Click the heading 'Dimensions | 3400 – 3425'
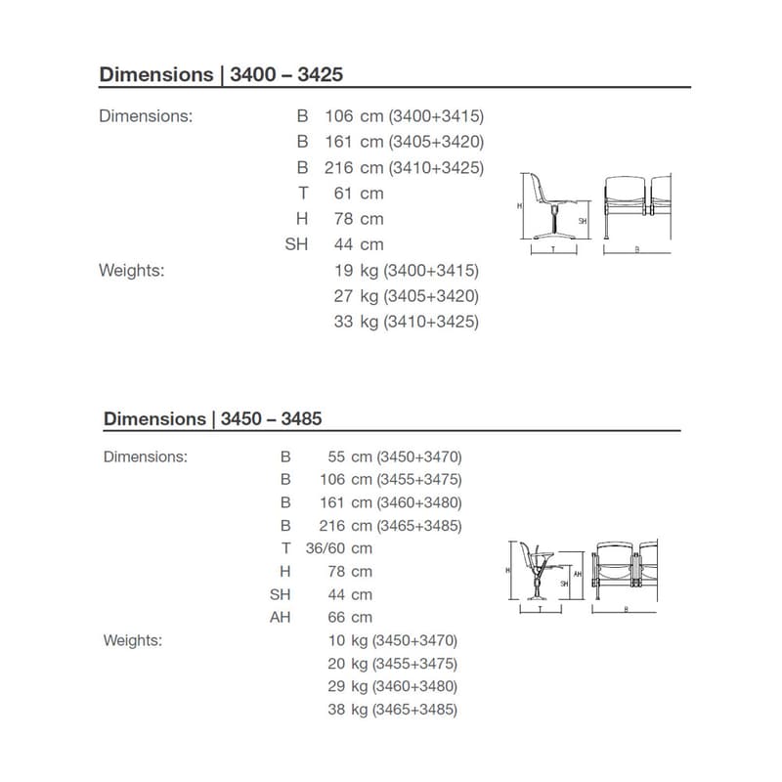221,74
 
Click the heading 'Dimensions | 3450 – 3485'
212,418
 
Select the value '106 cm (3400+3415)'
404,116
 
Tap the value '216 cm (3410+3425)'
404,168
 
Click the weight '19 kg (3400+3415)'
406,270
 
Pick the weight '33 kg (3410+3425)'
406,322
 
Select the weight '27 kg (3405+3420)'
406,296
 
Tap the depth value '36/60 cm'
338,548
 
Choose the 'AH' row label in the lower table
281,618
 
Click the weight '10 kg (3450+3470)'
392,641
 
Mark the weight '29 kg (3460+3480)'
392,687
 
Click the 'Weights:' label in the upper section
132,270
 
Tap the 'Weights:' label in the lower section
133,641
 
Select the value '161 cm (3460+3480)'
391,502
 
